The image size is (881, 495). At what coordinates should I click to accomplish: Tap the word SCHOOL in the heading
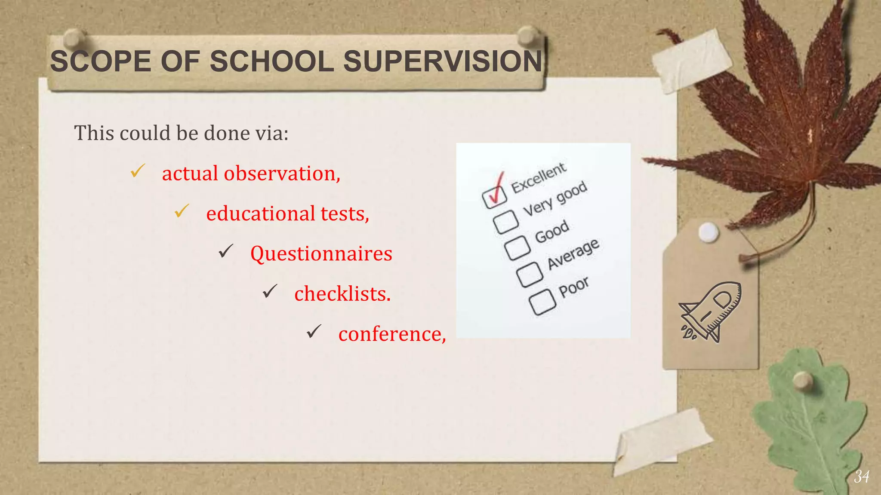[x=272, y=61]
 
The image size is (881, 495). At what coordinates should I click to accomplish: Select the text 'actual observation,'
[x=251, y=174]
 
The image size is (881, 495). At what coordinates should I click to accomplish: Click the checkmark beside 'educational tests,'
[x=182, y=211]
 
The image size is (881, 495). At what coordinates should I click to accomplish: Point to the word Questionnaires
[x=321, y=254]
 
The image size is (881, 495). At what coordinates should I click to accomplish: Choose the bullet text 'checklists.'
[x=342, y=294]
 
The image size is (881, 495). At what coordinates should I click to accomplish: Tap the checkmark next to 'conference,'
[x=314, y=331]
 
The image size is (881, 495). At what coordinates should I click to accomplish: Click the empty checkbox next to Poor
[x=542, y=302]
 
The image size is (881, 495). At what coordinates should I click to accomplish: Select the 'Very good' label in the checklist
[x=555, y=199]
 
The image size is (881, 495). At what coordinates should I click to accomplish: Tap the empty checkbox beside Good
[x=517, y=248]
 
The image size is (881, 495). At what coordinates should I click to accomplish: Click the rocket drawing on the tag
[x=710, y=312]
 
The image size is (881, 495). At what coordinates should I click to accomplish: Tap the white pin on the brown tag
[x=708, y=232]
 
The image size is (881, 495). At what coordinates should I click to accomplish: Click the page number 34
[x=862, y=477]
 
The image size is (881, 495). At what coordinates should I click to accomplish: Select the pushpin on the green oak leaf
[x=802, y=381]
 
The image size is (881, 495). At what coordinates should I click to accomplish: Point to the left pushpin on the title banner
[x=74, y=39]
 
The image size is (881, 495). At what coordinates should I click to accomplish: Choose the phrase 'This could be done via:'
[x=181, y=133]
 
